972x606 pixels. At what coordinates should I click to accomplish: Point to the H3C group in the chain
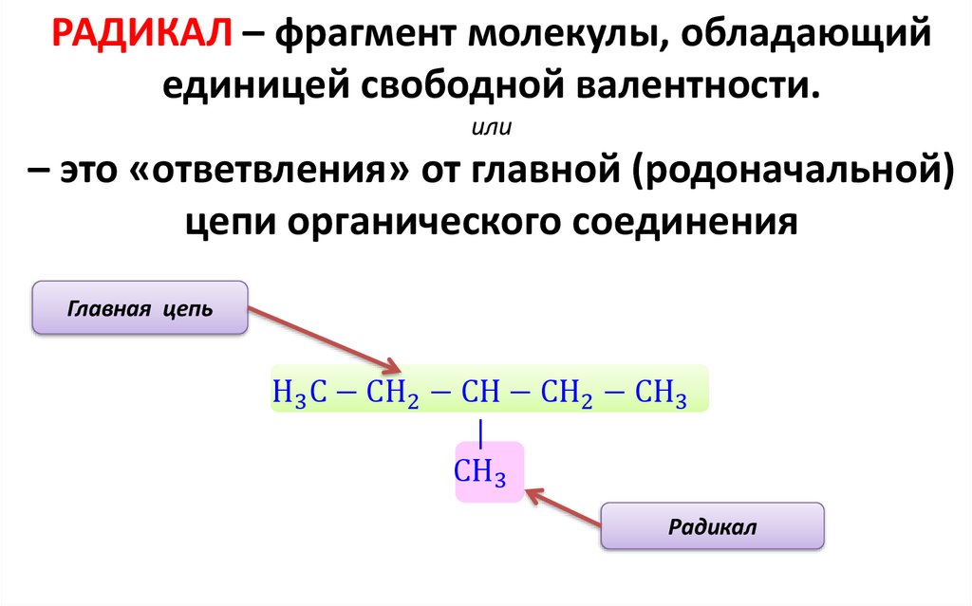click(300, 391)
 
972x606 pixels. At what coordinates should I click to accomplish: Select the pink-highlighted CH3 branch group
click(481, 471)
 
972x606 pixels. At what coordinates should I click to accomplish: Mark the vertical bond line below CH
click(481, 432)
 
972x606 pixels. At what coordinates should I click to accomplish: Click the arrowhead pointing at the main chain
click(391, 367)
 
